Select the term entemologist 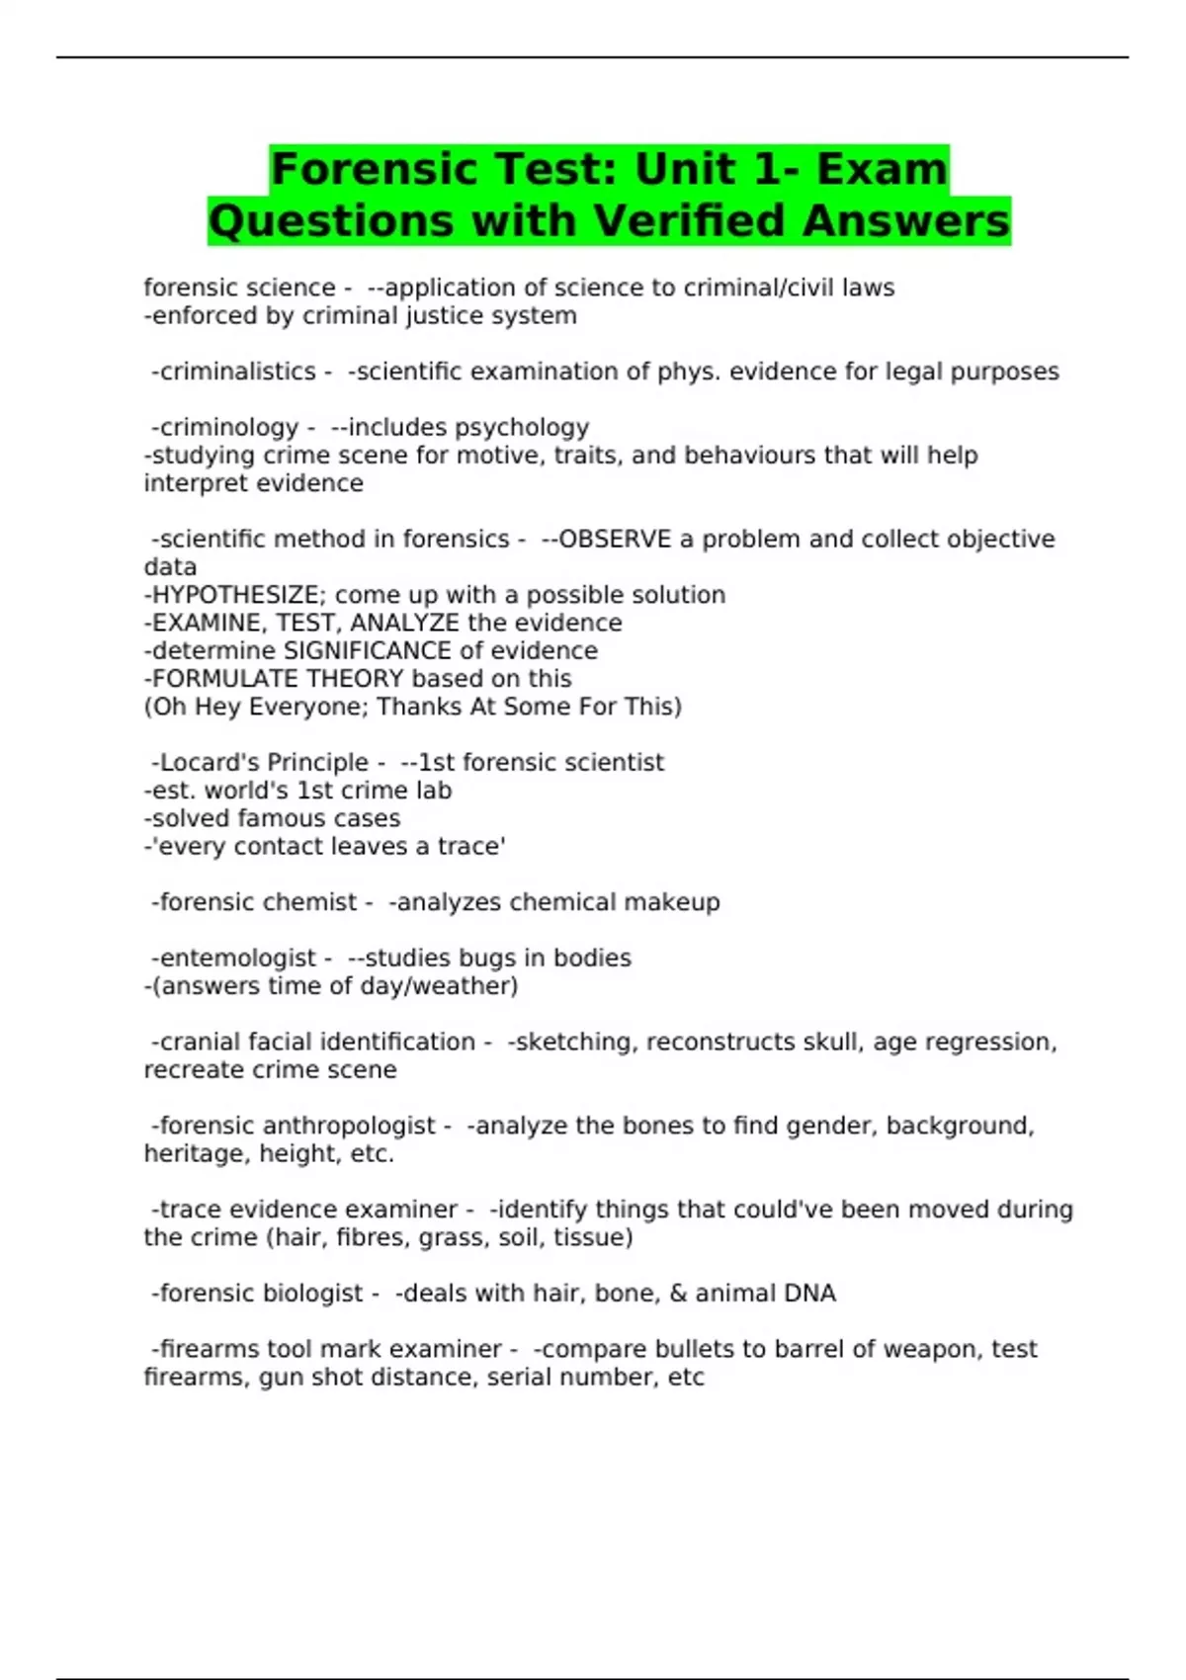tap(237, 959)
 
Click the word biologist tap(310, 1294)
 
